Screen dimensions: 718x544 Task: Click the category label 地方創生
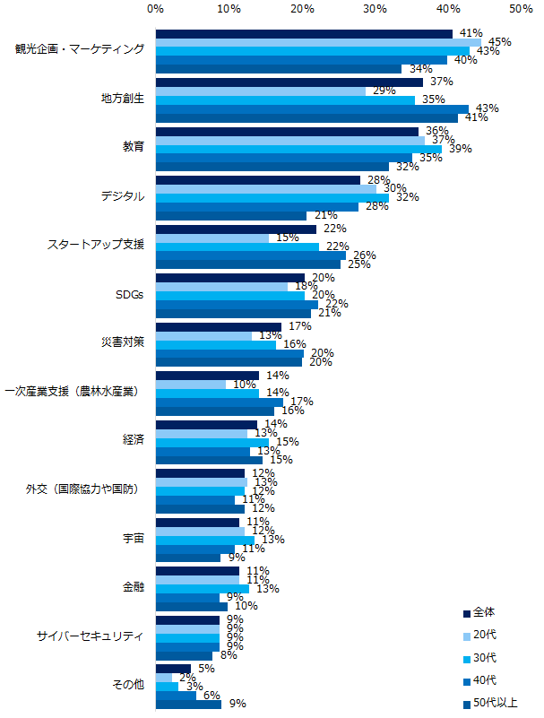click(x=123, y=98)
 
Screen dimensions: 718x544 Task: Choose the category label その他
click(x=128, y=684)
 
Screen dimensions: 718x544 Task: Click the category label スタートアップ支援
click(x=95, y=244)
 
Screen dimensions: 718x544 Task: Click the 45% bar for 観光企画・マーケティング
click(x=318, y=42)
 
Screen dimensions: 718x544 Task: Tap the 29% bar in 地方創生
click(x=261, y=91)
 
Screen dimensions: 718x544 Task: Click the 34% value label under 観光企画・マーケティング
click(x=416, y=69)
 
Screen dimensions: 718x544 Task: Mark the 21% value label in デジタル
click(x=326, y=215)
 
